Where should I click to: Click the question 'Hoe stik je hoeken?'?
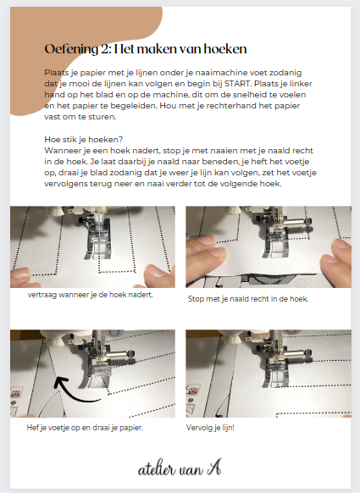pos(84,140)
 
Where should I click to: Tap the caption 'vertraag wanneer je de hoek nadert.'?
pos(91,295)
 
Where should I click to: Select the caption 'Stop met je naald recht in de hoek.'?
pos(248,299)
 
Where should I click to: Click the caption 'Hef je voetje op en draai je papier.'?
pos(85,428)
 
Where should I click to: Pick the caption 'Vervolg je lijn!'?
pos(210,428)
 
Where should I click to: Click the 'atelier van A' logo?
pos(180,468)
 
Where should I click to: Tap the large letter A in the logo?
pos(214,468)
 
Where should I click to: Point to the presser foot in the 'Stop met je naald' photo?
pos(274,242)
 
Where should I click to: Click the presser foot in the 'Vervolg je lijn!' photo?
pos(274,371)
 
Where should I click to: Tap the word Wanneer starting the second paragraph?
pos(63,151)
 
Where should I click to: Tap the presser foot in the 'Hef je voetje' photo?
pos(100,370)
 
